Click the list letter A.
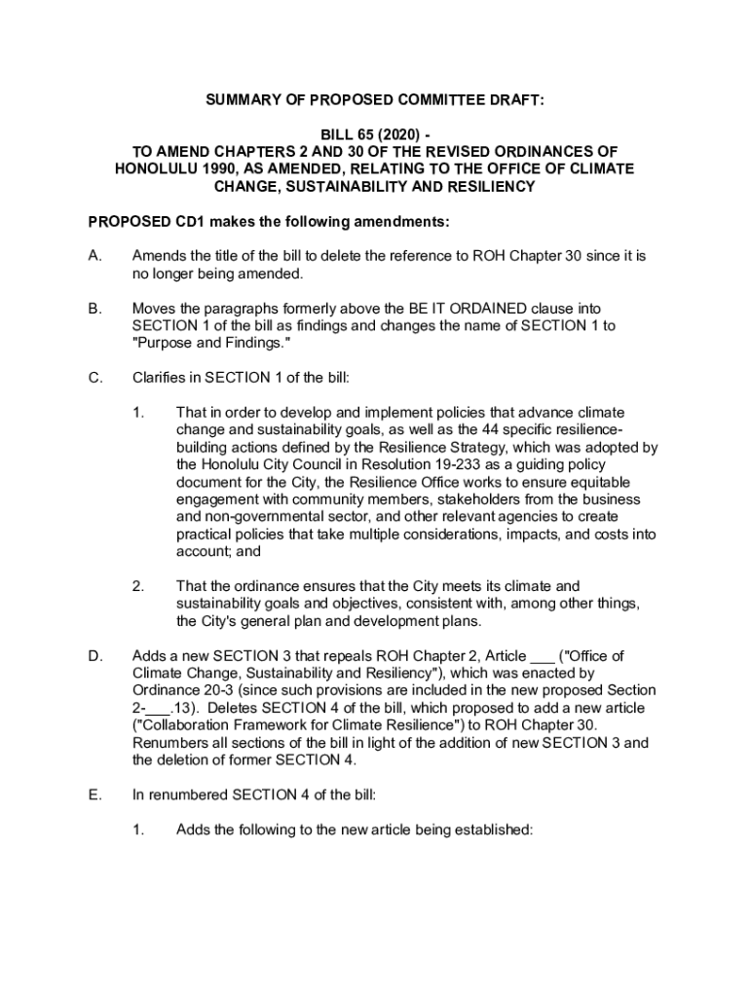[x=94, y=256]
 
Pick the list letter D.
[x=95, y=656]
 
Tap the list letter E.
[x=94, y=795]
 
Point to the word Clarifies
[x=159, y=378]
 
